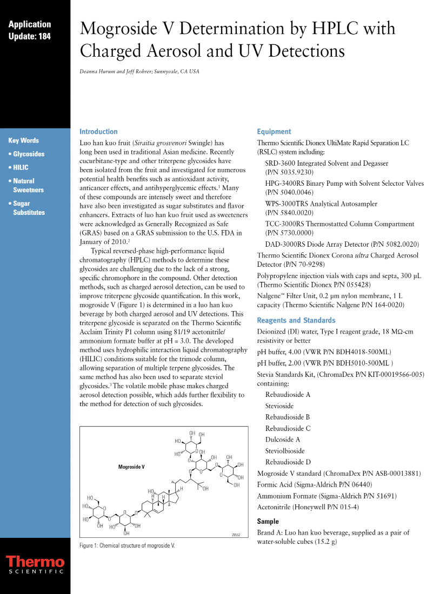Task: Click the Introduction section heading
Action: tap(98, 132)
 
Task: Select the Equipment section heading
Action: tap(274, 132)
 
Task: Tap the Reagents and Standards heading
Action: tap(296, 320)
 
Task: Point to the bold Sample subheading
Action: tap(268, 522)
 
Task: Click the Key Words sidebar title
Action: tap(24, 140)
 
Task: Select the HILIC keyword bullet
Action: tap(21, 167)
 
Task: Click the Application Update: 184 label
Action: tap(30, 30)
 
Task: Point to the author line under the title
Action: tap(140, 71)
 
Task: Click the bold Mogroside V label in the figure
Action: tap(131, 466)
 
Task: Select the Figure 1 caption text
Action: tap(128, 545)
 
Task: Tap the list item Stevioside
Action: tap(281, 406)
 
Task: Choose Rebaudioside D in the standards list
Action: tap(288, 462)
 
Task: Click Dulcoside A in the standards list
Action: tap(283, 440)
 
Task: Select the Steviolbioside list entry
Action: tap(285, 451)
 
